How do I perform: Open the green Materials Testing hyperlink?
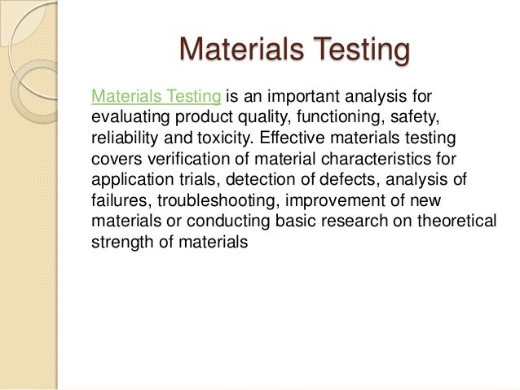point(156,97)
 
